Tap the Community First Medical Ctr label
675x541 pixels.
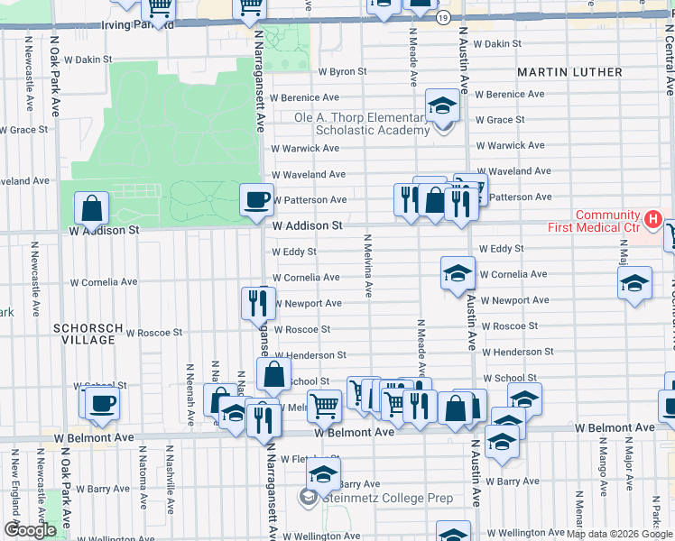coord(606,221)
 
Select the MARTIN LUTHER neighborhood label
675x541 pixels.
coord(569,71)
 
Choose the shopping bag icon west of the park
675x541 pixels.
coord(92,208)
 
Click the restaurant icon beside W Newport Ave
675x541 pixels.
coord(258,303)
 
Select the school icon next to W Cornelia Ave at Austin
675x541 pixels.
coord(458,272)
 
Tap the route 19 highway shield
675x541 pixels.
coord(442,17)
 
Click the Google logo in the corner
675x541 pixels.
coord(30,530)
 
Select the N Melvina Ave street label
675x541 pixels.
coord(368,266)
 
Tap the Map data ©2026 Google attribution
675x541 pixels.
coord(620,534)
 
